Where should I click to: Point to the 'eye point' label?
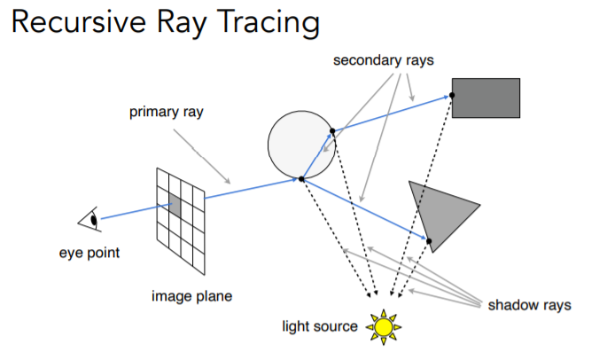pyautogui.click(x=89, y=253)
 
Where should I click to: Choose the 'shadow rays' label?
pyautogui.click(x=530, y=305)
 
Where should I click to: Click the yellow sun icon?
pyautogui.click(x=383, y=326)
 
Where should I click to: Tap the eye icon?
pyautogui.click(x=90, y=218)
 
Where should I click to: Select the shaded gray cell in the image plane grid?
pyautogui.click(x=175, y=207)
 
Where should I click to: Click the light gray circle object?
pyautogui.click(x=298, y=142)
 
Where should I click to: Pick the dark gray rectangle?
pyautogui.click(x=486, y=98)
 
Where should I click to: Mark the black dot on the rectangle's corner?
pyautogui.click(x=453, y=94)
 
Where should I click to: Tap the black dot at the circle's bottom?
pyautogui.click(x=302, y=179)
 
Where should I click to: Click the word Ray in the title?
pyautogui.click(x=191, y=24)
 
